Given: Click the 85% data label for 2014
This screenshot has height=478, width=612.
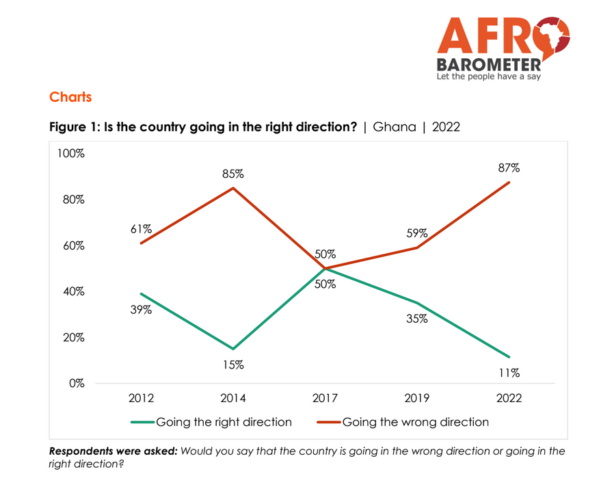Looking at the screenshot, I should (233, 174).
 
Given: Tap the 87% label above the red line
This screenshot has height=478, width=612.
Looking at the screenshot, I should (509, 168).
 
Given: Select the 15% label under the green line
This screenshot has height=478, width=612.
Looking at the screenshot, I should (233, 364).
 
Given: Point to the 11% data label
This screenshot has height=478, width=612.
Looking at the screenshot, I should (509, 373).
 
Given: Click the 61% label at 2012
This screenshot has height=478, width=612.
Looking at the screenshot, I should (141, 228).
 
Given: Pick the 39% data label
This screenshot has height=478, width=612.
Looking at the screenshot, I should (141, 310).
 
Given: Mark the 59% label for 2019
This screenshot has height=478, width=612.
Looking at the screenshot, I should (416, 233).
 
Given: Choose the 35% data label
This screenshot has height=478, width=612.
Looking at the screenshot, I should (416, 318).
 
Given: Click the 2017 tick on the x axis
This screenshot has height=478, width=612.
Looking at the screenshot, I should (325, 399).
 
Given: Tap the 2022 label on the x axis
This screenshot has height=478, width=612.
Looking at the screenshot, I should (509, 399).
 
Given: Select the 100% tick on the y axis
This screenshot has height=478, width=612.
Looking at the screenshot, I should (70, 154).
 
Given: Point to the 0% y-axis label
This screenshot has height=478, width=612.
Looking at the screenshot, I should (75, 383).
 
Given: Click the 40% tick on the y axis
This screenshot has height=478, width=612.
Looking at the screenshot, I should (73, 291).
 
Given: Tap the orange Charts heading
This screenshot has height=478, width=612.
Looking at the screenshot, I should (70, 97).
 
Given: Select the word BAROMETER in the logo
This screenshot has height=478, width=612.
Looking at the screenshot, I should (489, 64).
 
